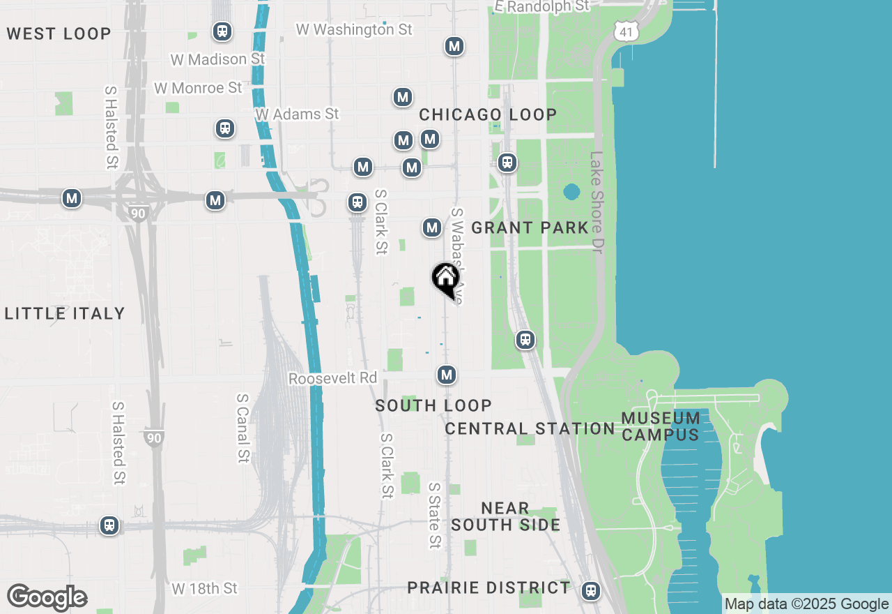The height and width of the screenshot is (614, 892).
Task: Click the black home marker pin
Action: pos(445,280)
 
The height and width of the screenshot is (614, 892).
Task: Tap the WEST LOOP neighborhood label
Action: pos(59,33)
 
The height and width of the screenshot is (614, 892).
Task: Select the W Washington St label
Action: pos(354,29)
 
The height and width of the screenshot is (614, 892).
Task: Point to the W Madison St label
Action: pos(217,59)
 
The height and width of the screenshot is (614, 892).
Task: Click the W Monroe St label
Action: pos(198,88)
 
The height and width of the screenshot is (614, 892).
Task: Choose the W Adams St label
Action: pos(297,114)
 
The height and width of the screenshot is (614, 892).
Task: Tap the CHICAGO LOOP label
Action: pos(488,114)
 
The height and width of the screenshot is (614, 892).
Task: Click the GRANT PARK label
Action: pos(530,227)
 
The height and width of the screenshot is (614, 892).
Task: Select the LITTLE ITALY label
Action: pos(65,313)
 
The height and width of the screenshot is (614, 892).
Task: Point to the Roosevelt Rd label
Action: pos(332,378)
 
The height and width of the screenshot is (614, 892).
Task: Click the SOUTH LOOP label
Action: pos(433,405)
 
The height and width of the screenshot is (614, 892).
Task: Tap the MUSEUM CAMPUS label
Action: pos(661,426)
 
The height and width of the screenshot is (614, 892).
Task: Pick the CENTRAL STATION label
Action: pos(530,428)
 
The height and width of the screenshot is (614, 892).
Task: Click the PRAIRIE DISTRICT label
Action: pos(489,587)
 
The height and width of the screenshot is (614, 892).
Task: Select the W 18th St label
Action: pos(205,589)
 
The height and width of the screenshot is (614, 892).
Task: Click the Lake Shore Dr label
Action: pos(597,203)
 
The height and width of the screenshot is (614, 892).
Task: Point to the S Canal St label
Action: pos(243,428)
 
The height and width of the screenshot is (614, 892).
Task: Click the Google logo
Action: pos(47,598)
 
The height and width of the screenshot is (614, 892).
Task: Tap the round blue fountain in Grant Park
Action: pos(571,191)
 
